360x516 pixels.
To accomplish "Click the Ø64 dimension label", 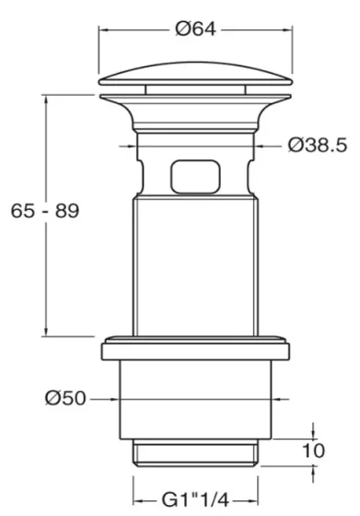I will (x=194, y=29).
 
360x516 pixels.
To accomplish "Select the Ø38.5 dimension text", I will (x=318, y=144).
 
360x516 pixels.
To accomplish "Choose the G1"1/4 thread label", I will (x=195, y=498).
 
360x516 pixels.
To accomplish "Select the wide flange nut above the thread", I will (x=194, y=348).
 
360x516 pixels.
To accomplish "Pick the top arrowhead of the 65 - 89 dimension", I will (x=43, y=97).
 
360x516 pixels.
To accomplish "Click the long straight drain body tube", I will (x=194, y=267).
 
